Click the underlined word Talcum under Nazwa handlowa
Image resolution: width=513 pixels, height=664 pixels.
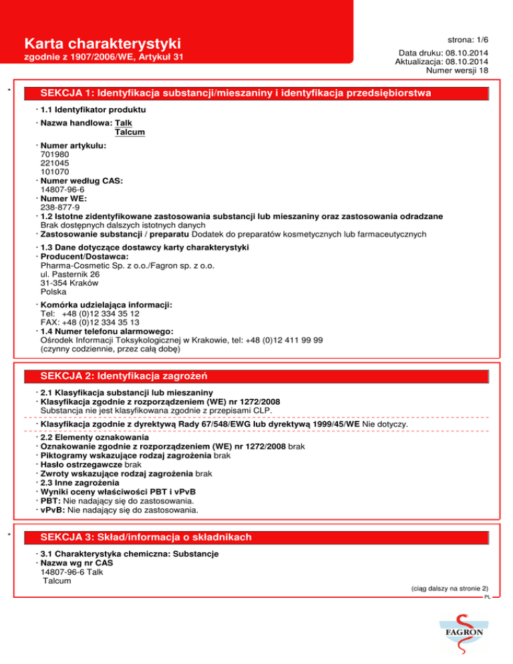[x=130, y=132]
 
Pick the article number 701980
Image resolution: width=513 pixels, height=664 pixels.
[x=54, y=153]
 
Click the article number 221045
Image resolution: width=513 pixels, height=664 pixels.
[x=54, y=162]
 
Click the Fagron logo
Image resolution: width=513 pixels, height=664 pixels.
[x=458, y=629]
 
